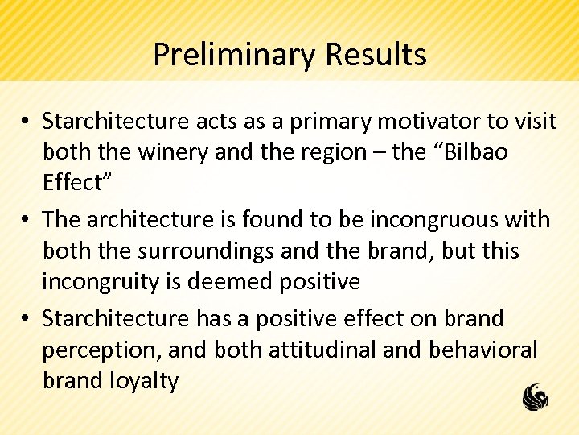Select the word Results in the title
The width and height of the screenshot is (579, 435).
click(x=376, y=56)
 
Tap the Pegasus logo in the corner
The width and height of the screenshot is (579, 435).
click(x=535, y=396)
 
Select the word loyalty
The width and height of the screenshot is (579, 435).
click(x=145, y=380)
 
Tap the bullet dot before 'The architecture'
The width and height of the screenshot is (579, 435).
click(x=27, y=220)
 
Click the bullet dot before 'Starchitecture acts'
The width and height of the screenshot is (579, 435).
click(x=27, y=122)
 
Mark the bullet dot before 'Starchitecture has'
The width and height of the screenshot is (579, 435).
click(x=27, y=319)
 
